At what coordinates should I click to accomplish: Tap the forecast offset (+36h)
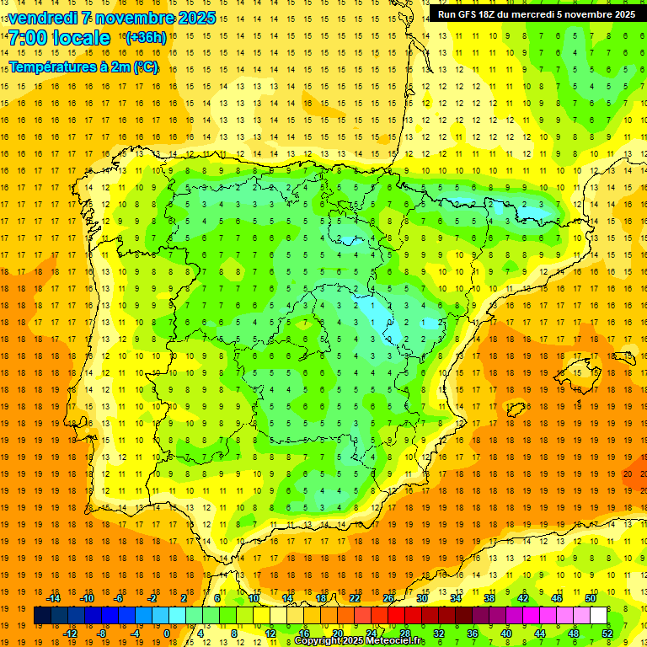click(x=145, y=38)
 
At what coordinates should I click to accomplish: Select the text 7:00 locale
click(x=59, y=38)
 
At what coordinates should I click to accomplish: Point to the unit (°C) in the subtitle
click(x=145, y=67)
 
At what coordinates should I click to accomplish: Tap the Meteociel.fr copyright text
click(x=359, y=641)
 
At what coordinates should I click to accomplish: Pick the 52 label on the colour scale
click(x=607, y=634)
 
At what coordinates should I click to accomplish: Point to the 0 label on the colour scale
click(x=166, y=634)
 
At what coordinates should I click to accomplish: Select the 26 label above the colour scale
click(x=388, y=598)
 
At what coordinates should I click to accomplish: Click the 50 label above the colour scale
click(x=591, y=598)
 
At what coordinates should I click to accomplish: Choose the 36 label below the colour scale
click(x=473, y=634)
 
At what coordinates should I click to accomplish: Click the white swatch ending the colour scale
click(x=598, y=616)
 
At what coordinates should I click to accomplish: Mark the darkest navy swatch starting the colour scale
click(x=42, y=616)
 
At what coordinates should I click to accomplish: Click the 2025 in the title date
click(x=197, y=18)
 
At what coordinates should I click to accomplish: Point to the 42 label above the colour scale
click(x=523, y=598)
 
